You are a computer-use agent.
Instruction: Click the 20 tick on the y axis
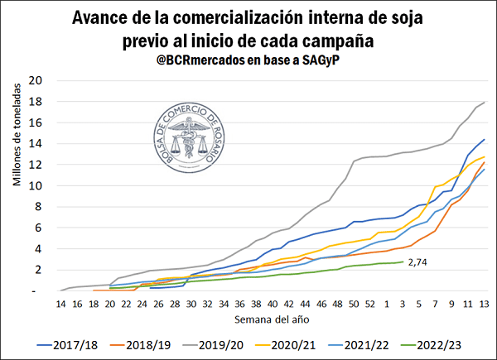pos(35,81)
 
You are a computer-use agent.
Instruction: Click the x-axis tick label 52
pos(370,304)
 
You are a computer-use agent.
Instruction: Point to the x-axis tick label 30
pos(192,304)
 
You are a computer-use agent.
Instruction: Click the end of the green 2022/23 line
pos(403,262)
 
